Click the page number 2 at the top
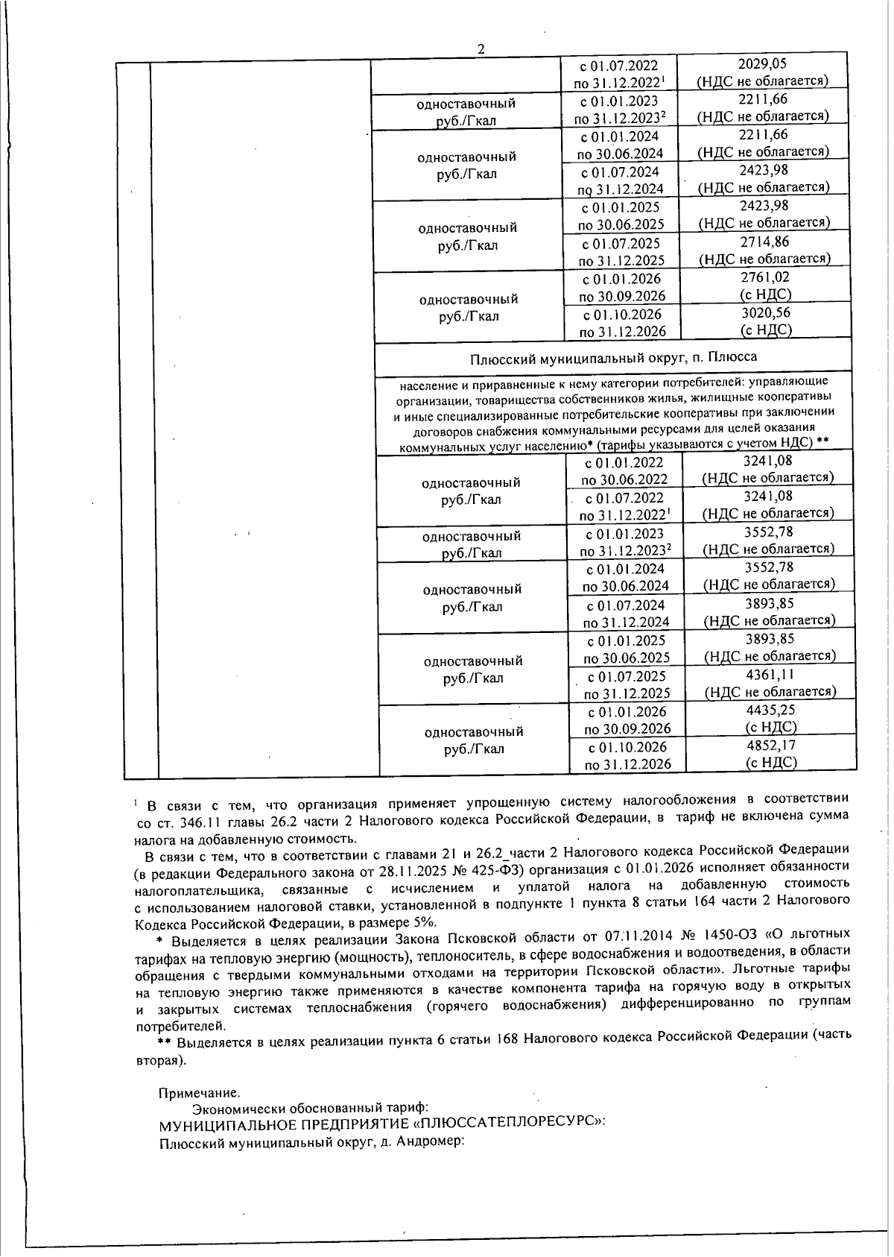[481, 49]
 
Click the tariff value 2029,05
[762, 64]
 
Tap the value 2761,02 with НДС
[764, 277]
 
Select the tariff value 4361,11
[770, 674]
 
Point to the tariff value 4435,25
[770, 710]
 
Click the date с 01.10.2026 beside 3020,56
[622, 314]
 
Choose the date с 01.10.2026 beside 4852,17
[627, 747]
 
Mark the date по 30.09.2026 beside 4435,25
[627, 728]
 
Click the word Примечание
[199, 1093]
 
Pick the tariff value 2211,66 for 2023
[763, 99]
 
